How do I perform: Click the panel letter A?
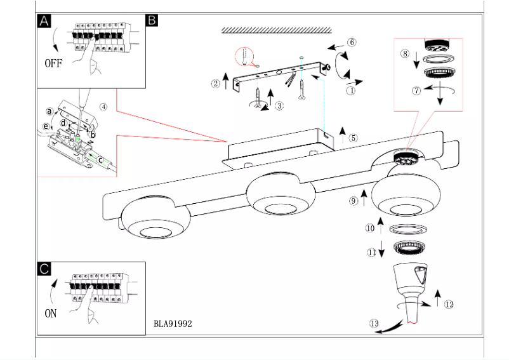click(44, 21)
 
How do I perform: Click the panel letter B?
click(152, 20)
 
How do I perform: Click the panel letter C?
click(44, 269)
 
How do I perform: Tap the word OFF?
click(54, 63)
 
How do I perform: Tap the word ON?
click(51, 313)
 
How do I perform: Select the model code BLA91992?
click(173, 323)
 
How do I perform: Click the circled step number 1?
click(350, 91)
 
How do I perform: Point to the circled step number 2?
click(216, 83)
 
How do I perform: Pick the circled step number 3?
click(279, 106)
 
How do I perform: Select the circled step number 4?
click(103, 107)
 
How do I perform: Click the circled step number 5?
click(354, 137)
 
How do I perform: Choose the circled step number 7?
click(416, 91)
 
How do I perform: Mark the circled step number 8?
click(404, 54)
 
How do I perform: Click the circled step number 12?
click(449, 305)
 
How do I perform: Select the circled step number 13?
click(374, 324)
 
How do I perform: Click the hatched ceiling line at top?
click(277, 30)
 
